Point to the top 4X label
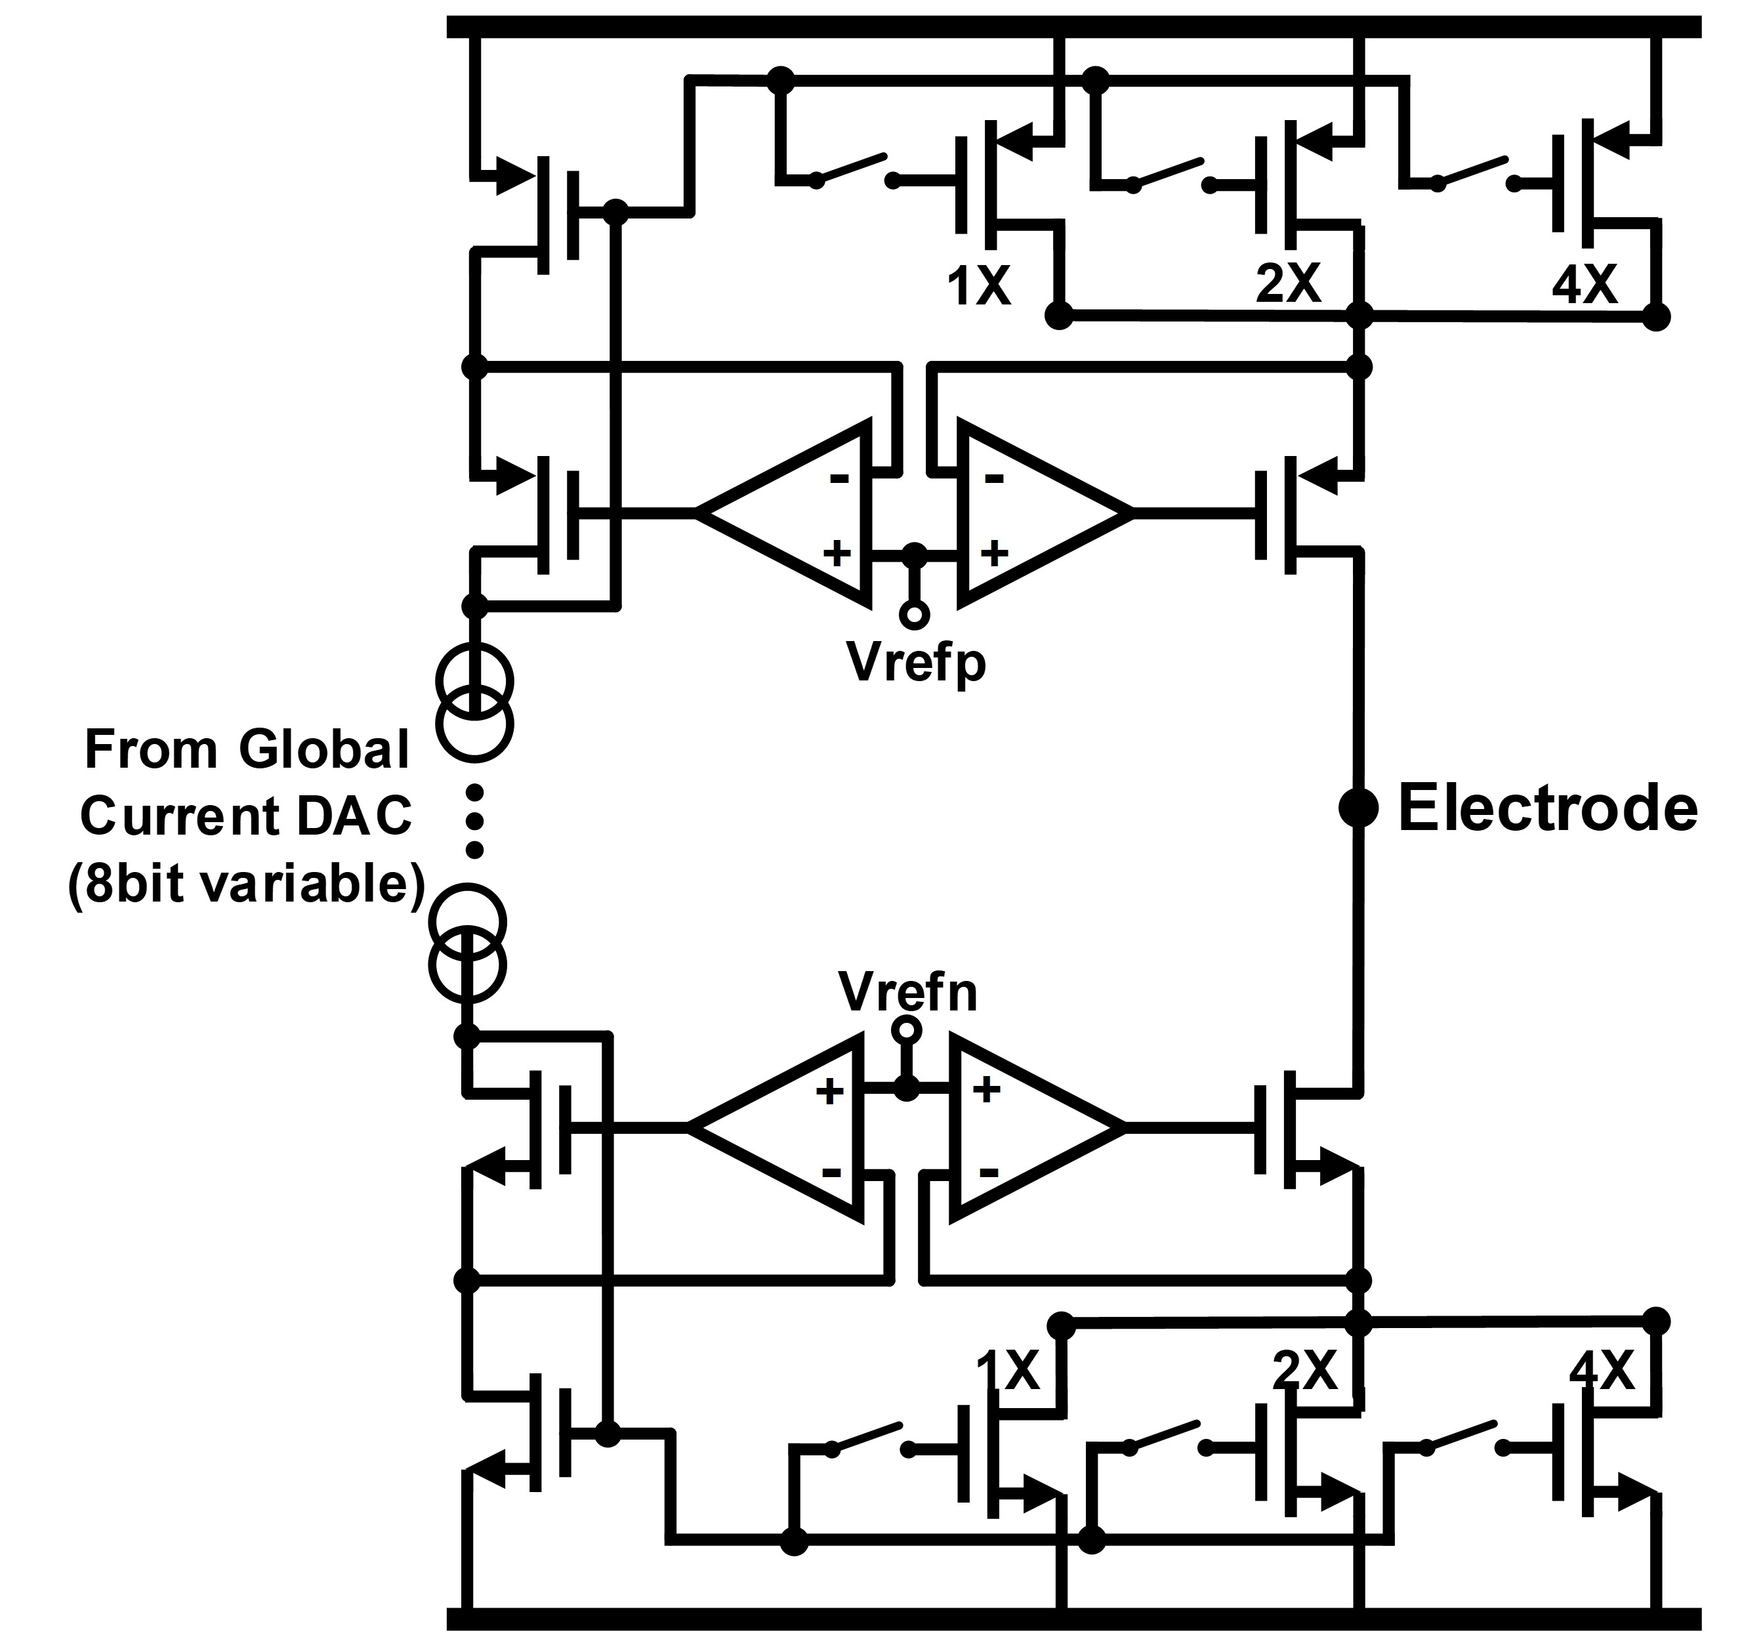[1585, 285]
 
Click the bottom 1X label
[1008, 1371]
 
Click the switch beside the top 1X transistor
[854, 170]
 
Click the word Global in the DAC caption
[323, 750]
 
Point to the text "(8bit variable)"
[246, 884]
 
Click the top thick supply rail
[1073, 26]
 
